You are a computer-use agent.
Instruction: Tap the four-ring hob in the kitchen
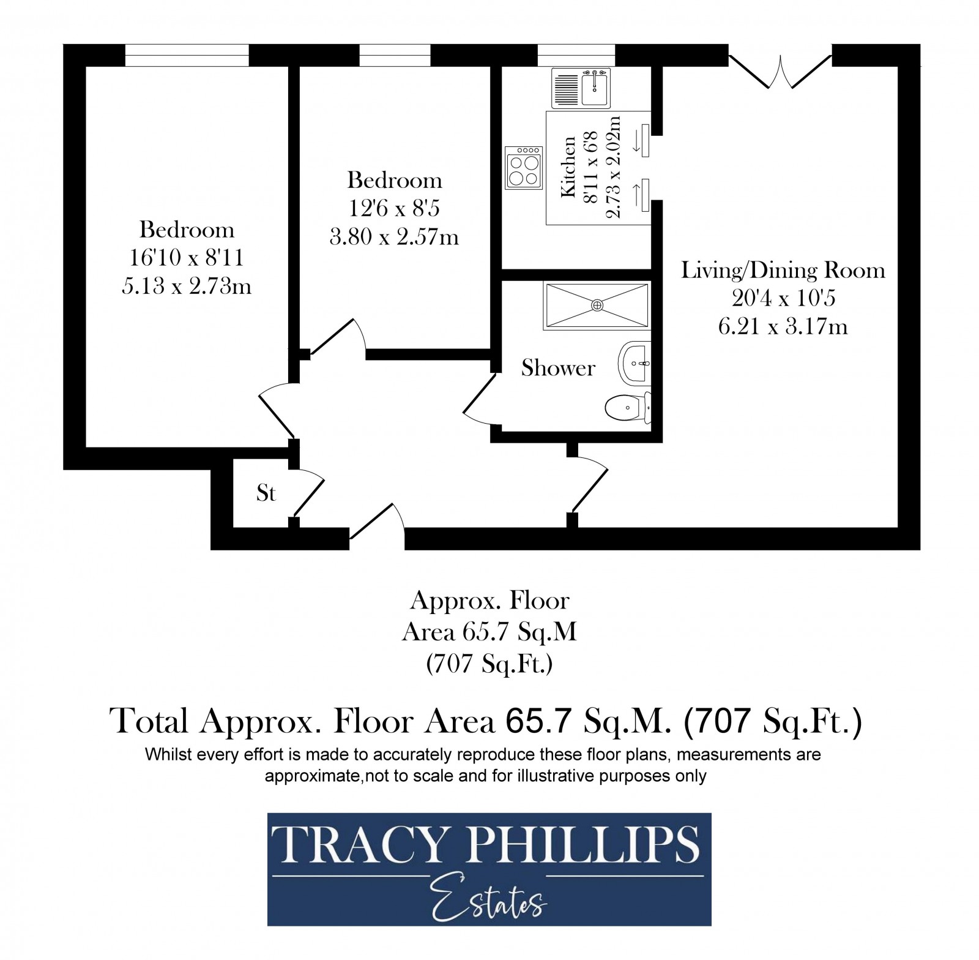point(524,167)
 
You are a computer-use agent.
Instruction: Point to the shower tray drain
point(597,305)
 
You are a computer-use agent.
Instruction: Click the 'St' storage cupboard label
point(266,493)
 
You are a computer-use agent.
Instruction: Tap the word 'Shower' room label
point(558,368)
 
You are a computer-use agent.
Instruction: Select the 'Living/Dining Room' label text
point(783,270)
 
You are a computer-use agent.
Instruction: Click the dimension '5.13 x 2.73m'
point(187,286)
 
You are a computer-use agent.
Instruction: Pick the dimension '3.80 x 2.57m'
point(394,236)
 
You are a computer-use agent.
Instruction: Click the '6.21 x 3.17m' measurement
point(783,327)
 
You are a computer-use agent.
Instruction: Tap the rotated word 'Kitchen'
point(568,167)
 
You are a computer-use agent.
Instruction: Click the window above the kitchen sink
point(576,55)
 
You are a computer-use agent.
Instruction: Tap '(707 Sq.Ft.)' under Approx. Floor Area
point(489,664)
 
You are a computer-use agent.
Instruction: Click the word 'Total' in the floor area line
point(149,721)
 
